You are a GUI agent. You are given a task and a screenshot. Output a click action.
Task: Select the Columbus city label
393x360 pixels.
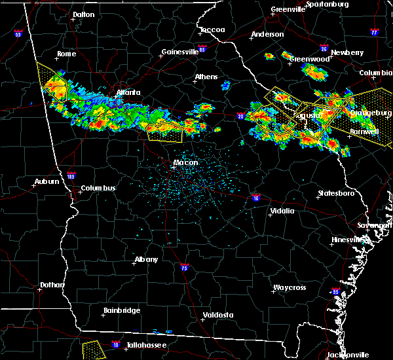[98, 189]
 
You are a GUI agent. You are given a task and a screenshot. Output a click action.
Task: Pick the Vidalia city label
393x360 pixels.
[284, 211]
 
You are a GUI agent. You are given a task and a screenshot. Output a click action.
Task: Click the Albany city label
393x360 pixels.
[146, 259]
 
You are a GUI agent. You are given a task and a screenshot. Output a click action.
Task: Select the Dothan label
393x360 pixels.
[52, 285]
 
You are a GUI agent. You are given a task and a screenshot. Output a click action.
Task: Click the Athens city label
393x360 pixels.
[206, 77]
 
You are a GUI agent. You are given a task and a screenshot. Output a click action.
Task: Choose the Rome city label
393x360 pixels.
[67, 54]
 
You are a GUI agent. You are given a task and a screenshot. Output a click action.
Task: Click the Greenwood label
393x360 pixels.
[310, 59]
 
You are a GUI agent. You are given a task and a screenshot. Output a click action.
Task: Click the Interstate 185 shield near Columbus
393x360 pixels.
[71, 175]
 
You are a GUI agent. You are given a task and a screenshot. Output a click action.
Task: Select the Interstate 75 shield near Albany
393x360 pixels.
[185, 268]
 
